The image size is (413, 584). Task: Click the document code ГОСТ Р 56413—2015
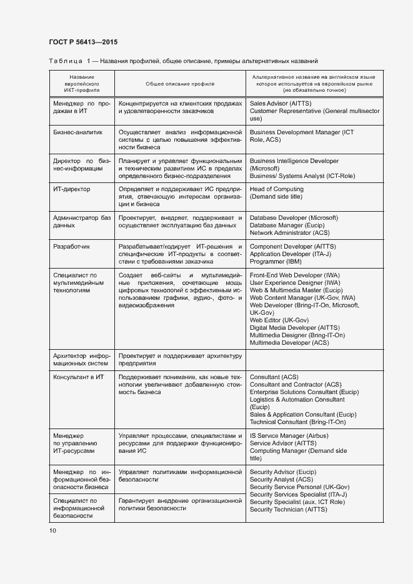(82, 42)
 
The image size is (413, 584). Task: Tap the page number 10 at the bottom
(52, 530)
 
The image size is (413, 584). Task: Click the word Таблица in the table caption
(65, 61)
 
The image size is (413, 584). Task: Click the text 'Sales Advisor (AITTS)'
(280, 103)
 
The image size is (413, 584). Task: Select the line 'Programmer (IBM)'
(276, 262)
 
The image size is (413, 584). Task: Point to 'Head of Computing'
(276, 189)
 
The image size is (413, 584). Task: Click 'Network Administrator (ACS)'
(289, 233)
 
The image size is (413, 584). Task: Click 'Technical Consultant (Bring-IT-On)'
(297, 422)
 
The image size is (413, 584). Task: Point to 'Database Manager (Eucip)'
(286, 225)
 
